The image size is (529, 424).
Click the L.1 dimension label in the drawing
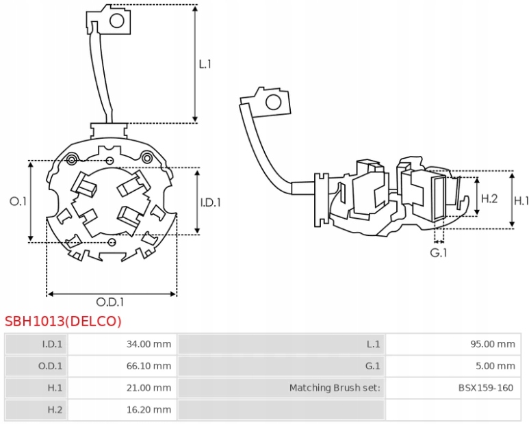[x=205, y=64]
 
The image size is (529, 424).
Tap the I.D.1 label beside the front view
[x=211, y=202]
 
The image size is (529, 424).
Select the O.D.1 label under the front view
[x=109, y=302]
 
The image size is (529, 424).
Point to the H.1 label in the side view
[x=521, y=200]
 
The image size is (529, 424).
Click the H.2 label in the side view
[x=489, y=198]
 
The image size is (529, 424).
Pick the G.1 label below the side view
[x=438, y=253]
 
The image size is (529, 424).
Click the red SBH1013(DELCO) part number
[x=63, y=321]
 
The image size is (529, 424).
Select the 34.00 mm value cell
[x=149, y=344]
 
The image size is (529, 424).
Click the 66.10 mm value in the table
[x=149, y=366]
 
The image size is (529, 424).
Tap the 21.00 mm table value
[x=149, y=388]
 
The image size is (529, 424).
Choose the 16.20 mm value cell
[x=149, y=410]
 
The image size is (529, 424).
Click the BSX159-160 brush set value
[x=486, y=388]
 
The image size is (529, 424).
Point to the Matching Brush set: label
[x=334, y=388]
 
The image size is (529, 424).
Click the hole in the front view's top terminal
[x=117, y=20]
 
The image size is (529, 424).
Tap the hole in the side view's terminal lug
[x=273, y=103]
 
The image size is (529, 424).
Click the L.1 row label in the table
[x=373, y=344]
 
